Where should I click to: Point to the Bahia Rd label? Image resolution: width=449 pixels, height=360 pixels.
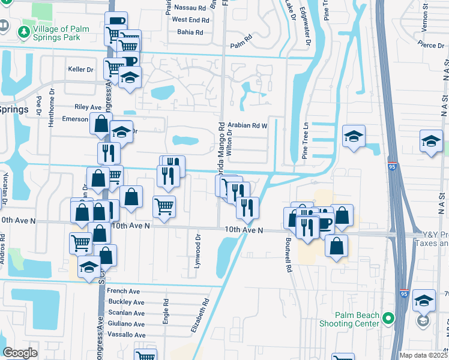193,32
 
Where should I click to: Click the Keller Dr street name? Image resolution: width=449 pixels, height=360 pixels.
81,70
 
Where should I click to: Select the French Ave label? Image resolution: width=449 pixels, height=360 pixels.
122,291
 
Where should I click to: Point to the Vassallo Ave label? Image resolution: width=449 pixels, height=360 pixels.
126,335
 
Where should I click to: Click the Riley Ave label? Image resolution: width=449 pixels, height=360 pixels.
88,107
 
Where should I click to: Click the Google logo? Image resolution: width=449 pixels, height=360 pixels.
20,353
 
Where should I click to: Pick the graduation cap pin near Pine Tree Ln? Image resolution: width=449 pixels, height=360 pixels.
354,137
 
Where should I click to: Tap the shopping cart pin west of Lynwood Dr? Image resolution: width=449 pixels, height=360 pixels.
164,206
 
